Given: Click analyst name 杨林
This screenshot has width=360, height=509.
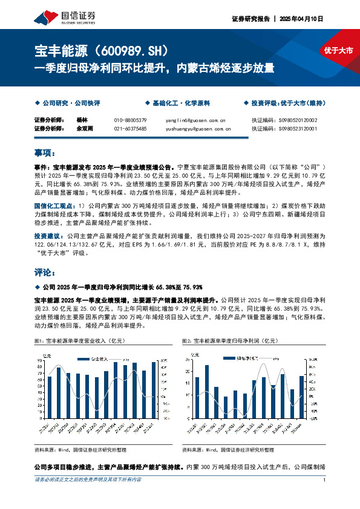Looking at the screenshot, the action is tap(83, 120).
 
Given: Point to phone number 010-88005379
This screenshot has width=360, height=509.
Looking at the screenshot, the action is tap(130, 120).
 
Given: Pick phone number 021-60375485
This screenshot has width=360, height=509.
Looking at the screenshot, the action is tap(130, 128).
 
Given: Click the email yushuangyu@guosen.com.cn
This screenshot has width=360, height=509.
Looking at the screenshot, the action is tap(194, 128).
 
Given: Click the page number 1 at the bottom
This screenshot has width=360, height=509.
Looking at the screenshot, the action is tap(325, 480).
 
